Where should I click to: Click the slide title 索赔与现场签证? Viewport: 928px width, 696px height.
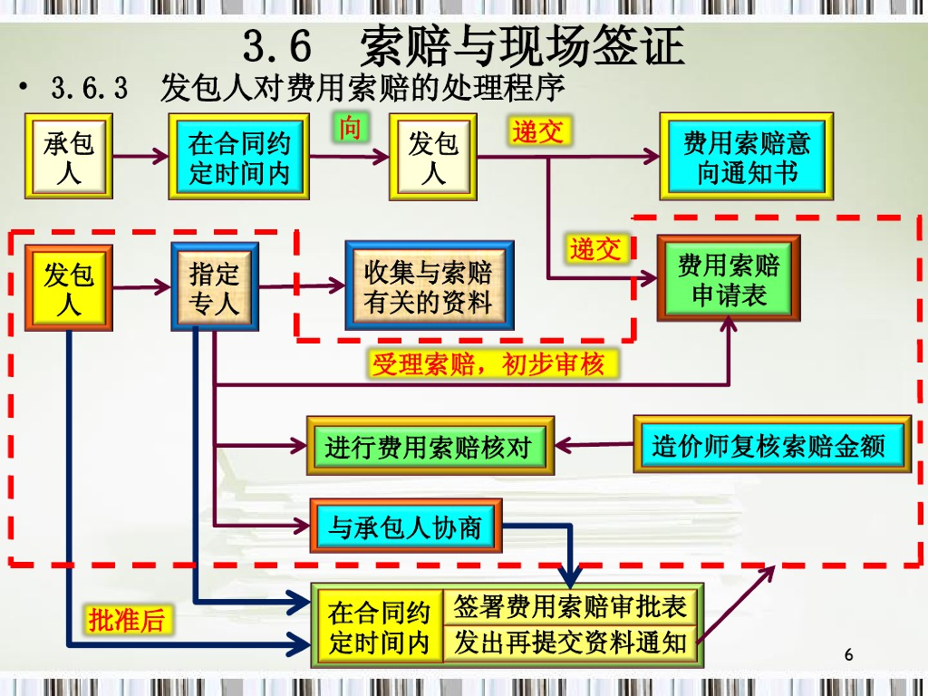coord(522,45)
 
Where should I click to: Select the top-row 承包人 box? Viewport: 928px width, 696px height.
coord(69,157)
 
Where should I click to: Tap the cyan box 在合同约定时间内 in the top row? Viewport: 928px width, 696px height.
coord(238,157)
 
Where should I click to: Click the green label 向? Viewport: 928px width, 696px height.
coord(349,129)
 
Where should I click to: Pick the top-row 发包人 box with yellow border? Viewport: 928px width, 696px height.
coord(432,157)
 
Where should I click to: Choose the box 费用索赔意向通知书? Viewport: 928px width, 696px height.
coord(746,157)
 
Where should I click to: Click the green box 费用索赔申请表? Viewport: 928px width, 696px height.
coord(729,279)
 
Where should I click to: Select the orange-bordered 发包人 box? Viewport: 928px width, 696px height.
coord(69,287)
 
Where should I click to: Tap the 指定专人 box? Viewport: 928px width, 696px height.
coord(214,287)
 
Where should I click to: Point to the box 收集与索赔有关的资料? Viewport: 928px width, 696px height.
coord(429,287)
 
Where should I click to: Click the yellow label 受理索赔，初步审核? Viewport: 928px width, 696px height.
coord(488,364)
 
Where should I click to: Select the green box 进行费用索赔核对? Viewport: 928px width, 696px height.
coord(430,446)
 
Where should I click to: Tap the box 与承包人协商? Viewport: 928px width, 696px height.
coord(405,526)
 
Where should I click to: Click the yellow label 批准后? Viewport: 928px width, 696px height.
coord(127,620)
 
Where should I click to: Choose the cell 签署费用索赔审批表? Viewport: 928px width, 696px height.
coord(570,606)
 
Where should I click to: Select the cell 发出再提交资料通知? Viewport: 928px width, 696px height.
coord(570,643)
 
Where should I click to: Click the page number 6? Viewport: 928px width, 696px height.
coord(848,654)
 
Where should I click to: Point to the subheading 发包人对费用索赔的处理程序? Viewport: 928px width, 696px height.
coord(362,89)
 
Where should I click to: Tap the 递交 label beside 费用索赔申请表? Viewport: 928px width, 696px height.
coord(595,248)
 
